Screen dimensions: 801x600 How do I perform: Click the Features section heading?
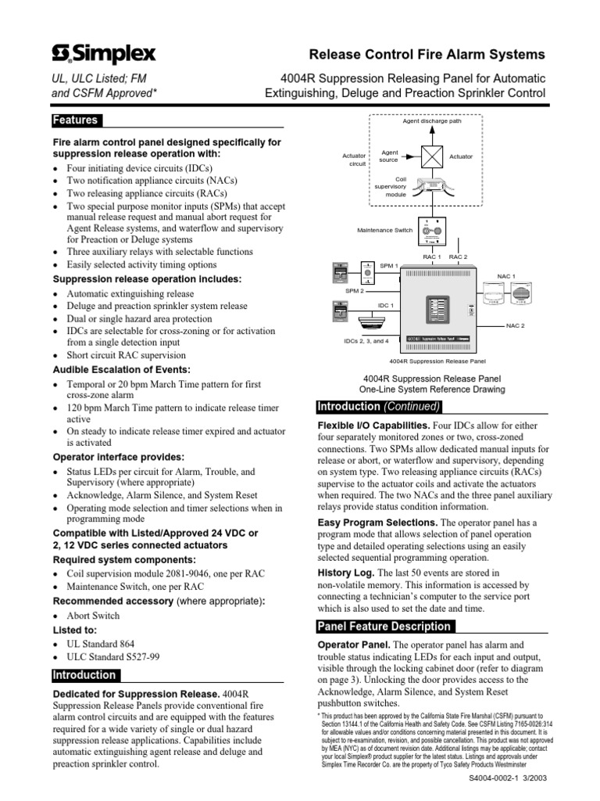[x=75, y=120]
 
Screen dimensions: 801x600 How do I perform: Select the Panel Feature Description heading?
[x=384, y=627]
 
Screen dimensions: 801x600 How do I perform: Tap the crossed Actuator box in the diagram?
[x=432, y=156]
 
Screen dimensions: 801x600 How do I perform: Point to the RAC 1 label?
[x=432, y=257]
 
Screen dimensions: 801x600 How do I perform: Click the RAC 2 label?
[x=458, y=257]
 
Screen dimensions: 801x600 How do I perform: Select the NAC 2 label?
[x=516, y=325]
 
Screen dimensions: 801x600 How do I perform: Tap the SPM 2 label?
[x=355, y=290]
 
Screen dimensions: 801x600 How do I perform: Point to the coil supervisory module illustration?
[x=433, y=188]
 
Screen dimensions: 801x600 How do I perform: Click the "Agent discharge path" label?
[x=432, y=121]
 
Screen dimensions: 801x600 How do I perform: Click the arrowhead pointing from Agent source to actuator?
[x=414, y=156]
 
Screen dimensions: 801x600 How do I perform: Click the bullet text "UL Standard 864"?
[x=101, y=645]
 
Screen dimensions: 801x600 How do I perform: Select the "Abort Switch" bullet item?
[x=93, y=616]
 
